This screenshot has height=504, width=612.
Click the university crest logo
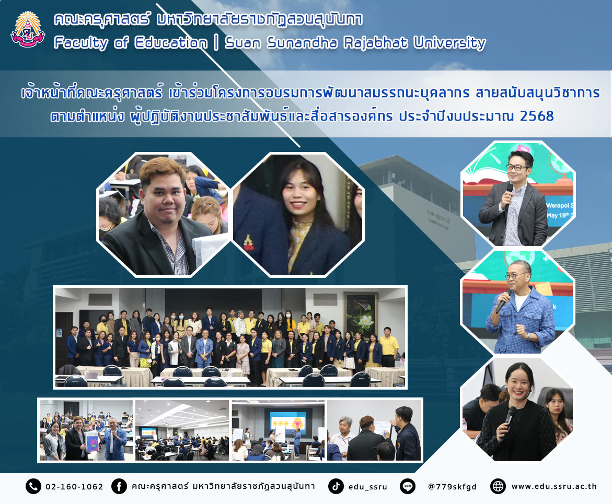tap(28, 29)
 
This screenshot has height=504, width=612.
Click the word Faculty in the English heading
tap(81, 42)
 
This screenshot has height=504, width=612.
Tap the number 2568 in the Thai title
tap(537, 116)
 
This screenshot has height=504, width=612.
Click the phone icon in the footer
tap(33, 486)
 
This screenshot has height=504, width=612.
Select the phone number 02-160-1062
tap(74, 486)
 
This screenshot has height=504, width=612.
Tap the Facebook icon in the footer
tap(119, 486)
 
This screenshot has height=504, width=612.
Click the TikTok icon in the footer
tap(336, 486)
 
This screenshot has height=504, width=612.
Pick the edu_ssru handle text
tap(367, 487)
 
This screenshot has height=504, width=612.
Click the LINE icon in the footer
tap(408, 486)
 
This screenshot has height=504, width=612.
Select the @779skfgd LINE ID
tap(453, 487)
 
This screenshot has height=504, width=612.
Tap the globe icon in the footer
tap(498, 486)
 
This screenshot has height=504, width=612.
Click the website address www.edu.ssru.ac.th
tap(554, 486)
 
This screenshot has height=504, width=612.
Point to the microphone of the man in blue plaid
tap(503, 301)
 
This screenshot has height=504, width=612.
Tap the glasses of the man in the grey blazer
tap(517, 168)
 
